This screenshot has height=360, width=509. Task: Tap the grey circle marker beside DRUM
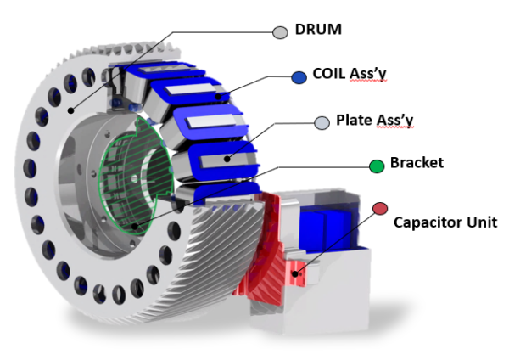[x=280, y=32]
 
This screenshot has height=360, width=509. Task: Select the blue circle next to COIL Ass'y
[x=299, y=77]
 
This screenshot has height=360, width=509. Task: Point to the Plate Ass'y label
[x=374, y=121]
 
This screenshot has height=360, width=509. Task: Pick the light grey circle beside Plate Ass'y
[x=322, y=123]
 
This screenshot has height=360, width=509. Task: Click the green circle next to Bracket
[x=377, y=165]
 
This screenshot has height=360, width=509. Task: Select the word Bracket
[x=417, y=162]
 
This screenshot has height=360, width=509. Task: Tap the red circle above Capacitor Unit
[x=380, y=209]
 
